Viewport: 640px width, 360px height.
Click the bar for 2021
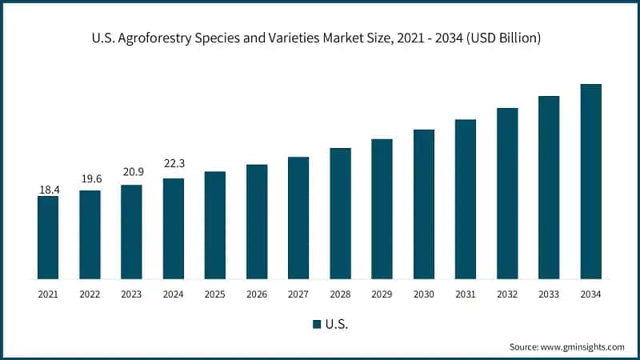tap(48, 238)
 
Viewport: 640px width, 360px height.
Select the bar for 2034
tap(590, 182)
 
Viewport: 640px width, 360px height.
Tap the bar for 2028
tap(340, 214)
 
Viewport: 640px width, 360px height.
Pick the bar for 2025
tap(214, 225)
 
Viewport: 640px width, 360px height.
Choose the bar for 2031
tap(466, 199)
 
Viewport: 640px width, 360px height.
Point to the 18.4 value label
tap(48, 190)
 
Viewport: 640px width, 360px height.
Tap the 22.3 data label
tap(173, 163)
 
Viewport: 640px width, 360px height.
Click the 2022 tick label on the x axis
tap(90, 294)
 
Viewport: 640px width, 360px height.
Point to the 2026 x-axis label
tap(257, 294)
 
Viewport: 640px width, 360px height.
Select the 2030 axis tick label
tap(423, 294)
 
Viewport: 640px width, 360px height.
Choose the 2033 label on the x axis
tap(549, 294)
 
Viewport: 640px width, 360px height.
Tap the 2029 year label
tap(382, 294)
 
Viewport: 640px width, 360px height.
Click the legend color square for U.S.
tap(317, 324)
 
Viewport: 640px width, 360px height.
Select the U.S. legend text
tap(337, 324)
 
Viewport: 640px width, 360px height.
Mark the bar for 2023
tap(131, 232)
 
